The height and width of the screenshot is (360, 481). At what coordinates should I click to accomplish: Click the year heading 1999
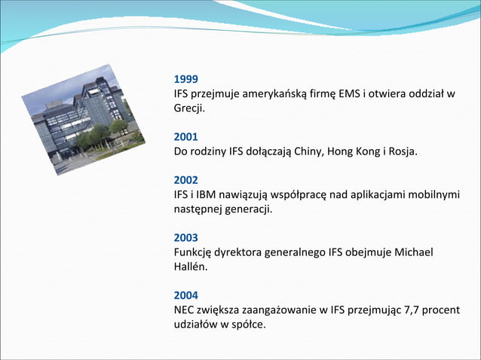click(185, 79)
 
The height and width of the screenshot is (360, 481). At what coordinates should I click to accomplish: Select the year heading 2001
click(185, 137)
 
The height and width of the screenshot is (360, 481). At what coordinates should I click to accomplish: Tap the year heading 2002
click(185, 181)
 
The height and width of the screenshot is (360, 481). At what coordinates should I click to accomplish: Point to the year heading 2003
click(185, 238)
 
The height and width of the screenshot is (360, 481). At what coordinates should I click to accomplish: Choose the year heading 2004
click(185, 296)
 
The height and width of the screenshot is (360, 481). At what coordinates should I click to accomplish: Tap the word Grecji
click(189, 108)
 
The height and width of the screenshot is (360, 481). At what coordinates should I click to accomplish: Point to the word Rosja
click(400, 152)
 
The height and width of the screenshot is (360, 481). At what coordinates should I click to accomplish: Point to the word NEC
click(185, 310)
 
